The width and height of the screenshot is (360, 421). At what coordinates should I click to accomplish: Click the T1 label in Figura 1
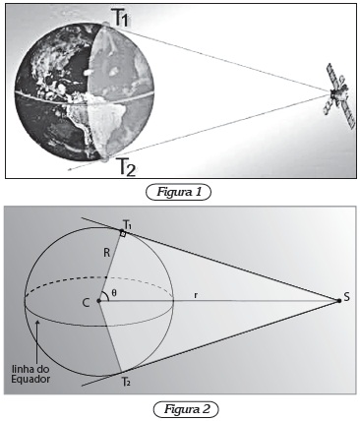120,18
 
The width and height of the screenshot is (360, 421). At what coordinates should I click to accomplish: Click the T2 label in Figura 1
126,167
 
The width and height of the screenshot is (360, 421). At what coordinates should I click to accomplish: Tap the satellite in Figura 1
339,95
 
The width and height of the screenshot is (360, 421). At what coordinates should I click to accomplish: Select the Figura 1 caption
179,192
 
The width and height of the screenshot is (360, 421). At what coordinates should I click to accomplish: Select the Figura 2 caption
186,409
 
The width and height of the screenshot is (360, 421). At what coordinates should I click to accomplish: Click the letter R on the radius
106,254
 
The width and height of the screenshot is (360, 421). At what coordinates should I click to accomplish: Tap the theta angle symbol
114,293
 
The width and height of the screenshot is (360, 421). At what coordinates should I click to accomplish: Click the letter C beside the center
86,303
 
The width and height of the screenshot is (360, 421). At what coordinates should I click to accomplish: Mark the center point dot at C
98,300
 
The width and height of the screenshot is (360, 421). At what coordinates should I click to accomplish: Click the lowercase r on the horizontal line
196,295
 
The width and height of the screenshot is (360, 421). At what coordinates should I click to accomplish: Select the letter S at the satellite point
347,297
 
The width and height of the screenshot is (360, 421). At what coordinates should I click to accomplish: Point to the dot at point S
339,300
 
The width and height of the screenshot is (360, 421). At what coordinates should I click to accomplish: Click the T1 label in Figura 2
128,225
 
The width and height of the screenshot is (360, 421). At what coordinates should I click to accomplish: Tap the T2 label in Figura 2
126,382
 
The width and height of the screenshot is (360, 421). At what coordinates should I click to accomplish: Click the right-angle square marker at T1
123,233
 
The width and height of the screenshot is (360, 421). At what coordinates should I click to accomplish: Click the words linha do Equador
30,374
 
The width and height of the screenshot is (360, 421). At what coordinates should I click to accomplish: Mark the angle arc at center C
107,295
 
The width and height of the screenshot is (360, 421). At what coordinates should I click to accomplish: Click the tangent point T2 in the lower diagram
121,372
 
